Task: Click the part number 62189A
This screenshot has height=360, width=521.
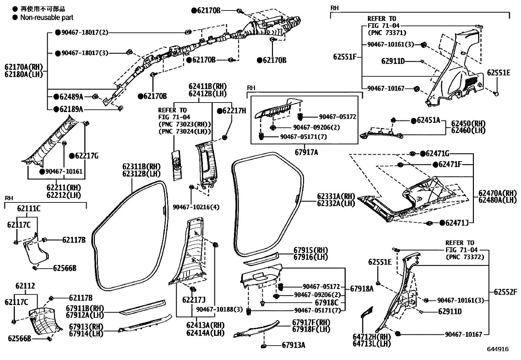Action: click(71, 109)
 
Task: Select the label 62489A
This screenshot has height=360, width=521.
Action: click(71, 97)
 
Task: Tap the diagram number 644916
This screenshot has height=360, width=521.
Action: click(498, 349)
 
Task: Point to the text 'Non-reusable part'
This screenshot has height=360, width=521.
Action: click(47, 17)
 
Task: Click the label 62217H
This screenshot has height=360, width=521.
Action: click(234, 111)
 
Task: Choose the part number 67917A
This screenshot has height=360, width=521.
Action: click(306, 152)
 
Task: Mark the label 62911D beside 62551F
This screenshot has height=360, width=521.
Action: click(393, 61)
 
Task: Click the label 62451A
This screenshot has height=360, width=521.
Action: click(428, 121)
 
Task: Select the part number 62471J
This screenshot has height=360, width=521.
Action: click(457, 223)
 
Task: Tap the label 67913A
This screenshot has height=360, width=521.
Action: click(294, 345)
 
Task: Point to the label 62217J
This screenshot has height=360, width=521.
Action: click(194, 300)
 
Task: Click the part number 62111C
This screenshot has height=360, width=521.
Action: click(28, 208)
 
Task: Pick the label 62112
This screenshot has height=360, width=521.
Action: click(25, 286)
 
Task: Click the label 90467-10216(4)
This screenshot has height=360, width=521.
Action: click(196, 207)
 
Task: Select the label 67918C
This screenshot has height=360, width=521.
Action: click(327, 303)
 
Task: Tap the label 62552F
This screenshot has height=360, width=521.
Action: click(506, 292)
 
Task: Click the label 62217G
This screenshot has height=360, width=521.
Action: click(87, 156)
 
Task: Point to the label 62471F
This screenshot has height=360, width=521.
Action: click(450, 165)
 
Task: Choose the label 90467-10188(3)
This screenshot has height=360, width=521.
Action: click(220, 310)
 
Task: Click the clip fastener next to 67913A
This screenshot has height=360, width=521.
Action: click(263, 346)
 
